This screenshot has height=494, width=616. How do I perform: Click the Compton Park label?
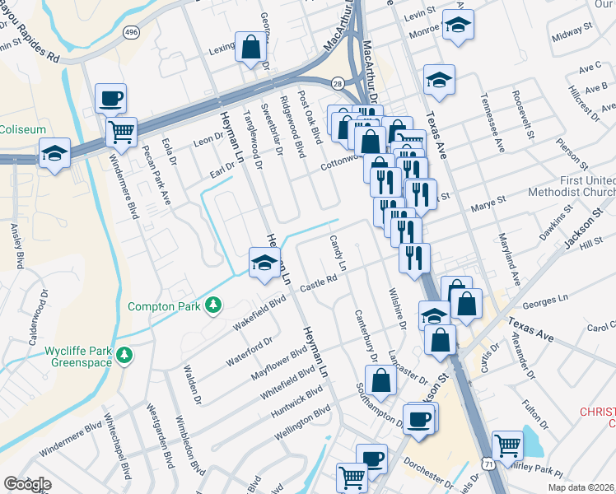(165, 306)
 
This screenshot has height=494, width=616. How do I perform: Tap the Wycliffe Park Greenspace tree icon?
(124, 356)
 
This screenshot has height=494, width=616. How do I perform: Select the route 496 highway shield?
(131, 31)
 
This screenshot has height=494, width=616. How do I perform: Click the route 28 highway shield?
(338, 84)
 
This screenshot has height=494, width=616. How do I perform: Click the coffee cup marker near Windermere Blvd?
(110, 99)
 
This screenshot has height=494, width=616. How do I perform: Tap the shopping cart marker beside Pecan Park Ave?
(122, 130)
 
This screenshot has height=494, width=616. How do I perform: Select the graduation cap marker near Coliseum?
(55, 152)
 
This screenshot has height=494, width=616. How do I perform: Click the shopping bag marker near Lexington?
(251, 47)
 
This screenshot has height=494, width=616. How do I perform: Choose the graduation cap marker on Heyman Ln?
(264, 263)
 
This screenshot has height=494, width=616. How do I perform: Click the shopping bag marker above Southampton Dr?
(381, 380)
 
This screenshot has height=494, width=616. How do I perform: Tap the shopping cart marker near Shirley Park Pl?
(507, 445)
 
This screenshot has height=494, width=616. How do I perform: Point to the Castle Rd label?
(320, 282)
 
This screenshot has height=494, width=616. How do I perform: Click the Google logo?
(27, 484)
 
